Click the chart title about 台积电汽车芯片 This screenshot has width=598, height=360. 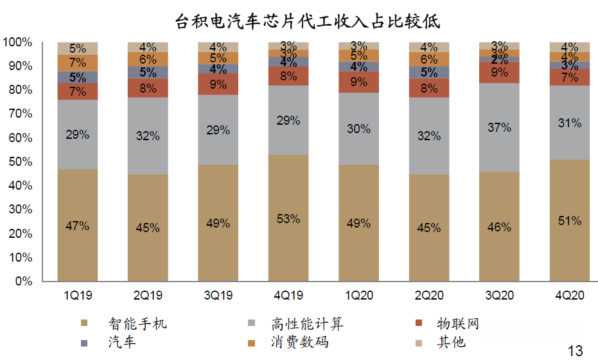[x=308, y=21]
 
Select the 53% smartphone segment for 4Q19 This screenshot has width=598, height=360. [x=288, y=219]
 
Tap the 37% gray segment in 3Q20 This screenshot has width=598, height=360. [x=499, y=127]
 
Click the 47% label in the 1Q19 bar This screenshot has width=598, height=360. [x=78, y=226]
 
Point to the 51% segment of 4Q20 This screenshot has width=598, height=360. [x=569, y=221]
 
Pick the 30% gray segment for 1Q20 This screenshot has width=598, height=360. [x=358, y=129]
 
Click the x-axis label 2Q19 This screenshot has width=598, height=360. [x=148, y=296]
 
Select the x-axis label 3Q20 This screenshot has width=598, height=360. [x=499, y=296]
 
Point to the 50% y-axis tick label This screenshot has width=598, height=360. [x=20, y=162]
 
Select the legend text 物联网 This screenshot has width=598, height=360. [x=457, y=323]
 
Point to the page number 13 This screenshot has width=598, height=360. [x=575, y=350]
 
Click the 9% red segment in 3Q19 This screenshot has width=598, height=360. [x=218, y=84]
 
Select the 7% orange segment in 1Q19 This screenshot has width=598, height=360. [x=78, y=63]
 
